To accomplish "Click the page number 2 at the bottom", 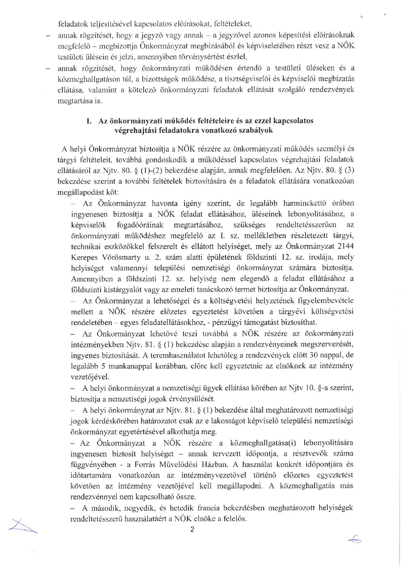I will pyautogui.click(x=192, y=530).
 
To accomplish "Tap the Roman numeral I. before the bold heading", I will pyautogui.click(x=89, y=121).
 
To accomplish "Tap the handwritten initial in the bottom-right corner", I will pyautogui.click(x=354, y=541).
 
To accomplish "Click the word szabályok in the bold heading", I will pyautogui.click(x=256, y=130).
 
